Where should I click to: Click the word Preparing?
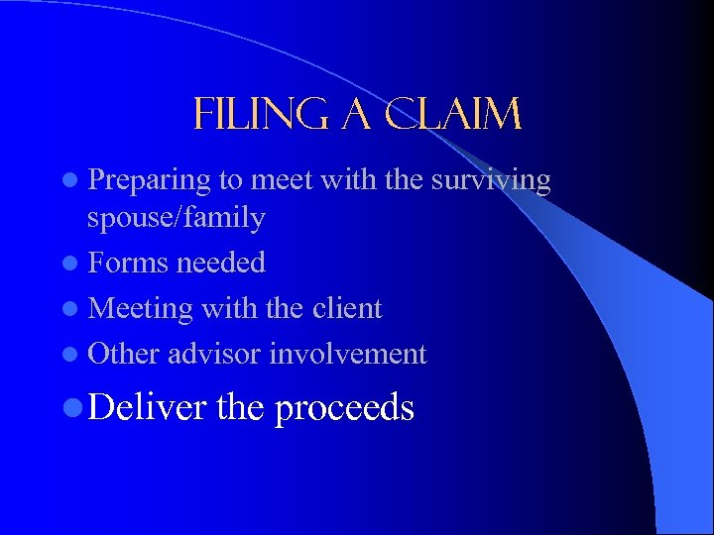click(x=149, y=181)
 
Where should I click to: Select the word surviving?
click(x=489, y=179)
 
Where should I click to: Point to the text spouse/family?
click(x=177, y=218)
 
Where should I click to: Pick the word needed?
click(x=220, y=263)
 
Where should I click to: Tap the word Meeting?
click(x=140, y=308)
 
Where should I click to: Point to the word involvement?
click(x=348, y=354)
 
